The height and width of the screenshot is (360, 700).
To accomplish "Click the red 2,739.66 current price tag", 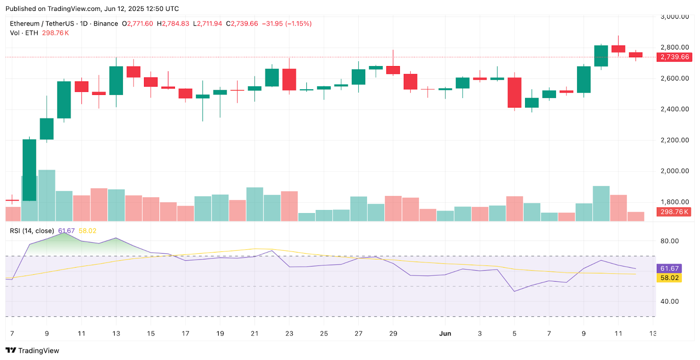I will click(674, 57).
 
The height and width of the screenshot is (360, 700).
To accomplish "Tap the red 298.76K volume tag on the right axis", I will click(674, 212).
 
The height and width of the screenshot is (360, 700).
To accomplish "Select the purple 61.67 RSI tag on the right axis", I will click(669, 269).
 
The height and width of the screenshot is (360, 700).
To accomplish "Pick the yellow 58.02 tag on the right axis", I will click(669, 278).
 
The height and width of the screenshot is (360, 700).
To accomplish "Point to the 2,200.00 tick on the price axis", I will click(674, 140).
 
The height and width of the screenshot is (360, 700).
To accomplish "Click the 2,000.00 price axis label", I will click(674, 171).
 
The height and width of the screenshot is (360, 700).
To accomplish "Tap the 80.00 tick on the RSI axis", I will click(669, 241).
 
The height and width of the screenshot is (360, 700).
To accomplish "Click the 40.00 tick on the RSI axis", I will click(669, 301).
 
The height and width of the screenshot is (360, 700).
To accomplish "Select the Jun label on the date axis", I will click(445, 333).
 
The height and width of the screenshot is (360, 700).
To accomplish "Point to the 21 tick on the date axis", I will click(255, 333).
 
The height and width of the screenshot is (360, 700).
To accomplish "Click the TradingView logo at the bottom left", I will click(32, 350).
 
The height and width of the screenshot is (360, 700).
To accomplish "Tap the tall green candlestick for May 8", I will click(29, 170).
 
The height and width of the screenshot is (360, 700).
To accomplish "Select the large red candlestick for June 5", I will click(514, 92).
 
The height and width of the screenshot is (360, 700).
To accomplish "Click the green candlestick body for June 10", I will click(601, 56).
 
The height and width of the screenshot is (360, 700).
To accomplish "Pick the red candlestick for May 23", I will click(289, 80).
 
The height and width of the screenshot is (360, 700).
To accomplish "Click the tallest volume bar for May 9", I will click(47, 196).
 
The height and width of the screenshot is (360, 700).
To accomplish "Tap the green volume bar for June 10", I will click(601, 203).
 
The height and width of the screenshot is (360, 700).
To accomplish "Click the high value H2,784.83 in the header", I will click(173, 24).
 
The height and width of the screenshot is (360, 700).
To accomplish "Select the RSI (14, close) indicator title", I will click(32, 231).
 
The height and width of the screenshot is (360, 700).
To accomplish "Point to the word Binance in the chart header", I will click(106, 24).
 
